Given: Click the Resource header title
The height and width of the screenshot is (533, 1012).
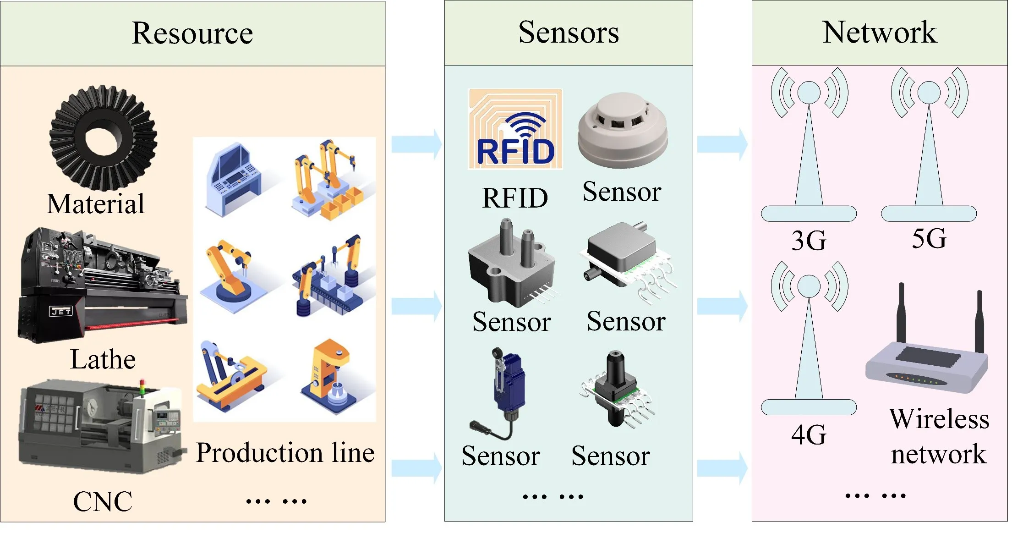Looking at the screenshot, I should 192,33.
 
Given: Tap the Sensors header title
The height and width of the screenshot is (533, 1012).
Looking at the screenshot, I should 569,33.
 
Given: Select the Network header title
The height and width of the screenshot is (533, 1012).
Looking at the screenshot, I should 880,33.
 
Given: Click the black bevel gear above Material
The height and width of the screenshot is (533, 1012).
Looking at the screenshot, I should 103,137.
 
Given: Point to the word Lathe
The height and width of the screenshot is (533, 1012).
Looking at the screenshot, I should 103,359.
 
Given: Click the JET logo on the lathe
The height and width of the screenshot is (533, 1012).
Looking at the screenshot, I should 61,312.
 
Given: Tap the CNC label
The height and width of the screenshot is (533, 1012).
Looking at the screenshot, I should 103,501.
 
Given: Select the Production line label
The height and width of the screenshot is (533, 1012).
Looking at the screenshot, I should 285,453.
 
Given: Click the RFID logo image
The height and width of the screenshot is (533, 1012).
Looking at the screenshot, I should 515,130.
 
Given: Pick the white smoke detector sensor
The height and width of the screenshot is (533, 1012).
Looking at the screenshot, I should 623,131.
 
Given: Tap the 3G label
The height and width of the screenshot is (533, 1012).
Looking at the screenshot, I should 809,241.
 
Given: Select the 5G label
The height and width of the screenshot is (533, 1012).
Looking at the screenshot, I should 929,239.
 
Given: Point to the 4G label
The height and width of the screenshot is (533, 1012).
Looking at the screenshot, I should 809,434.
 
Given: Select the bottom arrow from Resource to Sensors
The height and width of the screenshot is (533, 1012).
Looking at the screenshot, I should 416,467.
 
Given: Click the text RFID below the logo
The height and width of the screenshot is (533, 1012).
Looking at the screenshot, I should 515,198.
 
